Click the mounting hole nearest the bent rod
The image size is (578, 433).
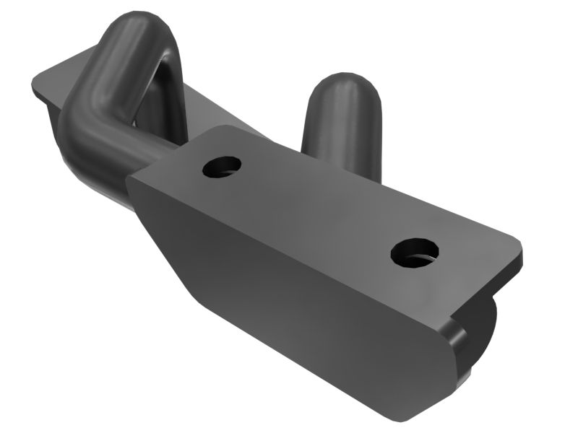click(x=221, y=167)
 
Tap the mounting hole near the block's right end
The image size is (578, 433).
click(x=415, y=253)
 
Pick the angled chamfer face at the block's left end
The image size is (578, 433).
click(x=163, y=238)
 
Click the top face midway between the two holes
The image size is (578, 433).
click(x=318, y=209)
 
